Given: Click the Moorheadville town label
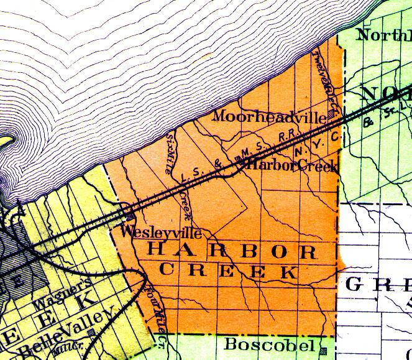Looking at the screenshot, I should (270, 116).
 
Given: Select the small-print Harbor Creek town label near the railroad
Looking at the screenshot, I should (293, 166).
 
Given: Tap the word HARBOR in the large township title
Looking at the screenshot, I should (234, 252).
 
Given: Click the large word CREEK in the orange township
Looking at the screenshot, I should (227, 272).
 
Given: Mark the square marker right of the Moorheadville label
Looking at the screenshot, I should (332, 114).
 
